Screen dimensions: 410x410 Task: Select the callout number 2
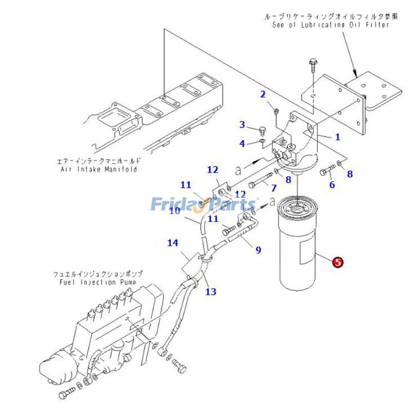[x=263, y=94]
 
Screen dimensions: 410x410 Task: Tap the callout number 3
[x=242, y=125]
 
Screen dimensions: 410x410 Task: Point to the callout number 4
[x=242, y=143]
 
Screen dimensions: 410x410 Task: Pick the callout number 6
[x=332, y=184]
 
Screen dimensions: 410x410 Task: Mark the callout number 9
[x=258, y=250]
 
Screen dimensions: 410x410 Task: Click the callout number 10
[x=175, y=210]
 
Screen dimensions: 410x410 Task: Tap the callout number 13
[x=211, y=292]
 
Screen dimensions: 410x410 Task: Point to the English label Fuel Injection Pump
[x=100, y=282]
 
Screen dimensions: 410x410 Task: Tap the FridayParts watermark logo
[x=204, y=204]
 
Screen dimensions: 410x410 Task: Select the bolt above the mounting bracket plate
[x=313, y=66]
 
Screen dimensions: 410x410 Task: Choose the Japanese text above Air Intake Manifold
[x=98, y=161]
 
